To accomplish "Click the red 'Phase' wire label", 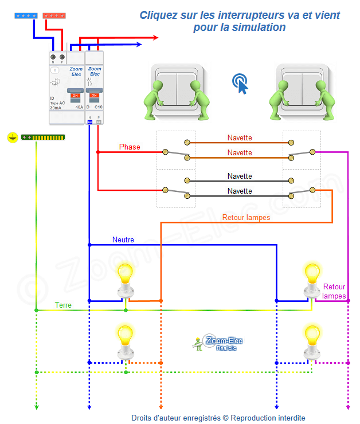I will (130, 147).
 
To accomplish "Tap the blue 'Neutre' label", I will (123, 240).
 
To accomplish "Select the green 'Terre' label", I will (63, 305).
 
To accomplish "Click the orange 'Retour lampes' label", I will (246, 218).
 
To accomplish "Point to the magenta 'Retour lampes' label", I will (334, 291).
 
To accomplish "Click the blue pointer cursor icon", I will (241, 84).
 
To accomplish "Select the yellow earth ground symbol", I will (12, 138).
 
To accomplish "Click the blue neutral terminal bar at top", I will (26, 16).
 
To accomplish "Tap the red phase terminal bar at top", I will (54, 16).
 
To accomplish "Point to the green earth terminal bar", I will (43, 138).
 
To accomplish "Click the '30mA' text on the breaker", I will (56, 108).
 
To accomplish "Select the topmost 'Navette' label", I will (240, 138).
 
